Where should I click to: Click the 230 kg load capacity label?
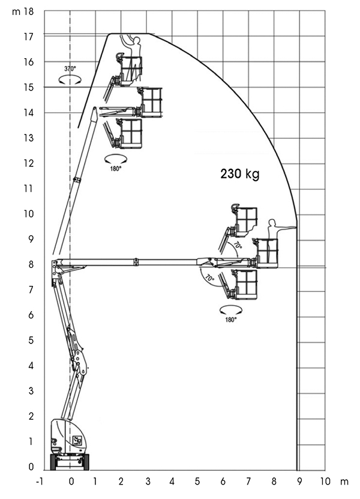pyautogui.click(x=240, y=174)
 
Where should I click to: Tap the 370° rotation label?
pyautogui.click(x=70, y=68)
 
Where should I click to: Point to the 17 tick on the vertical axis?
pyautogui.click(x=29, y=37)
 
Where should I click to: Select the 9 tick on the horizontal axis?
pyautogui.click(x=299, y=481)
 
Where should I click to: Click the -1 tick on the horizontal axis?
pyautogui.click(x=40, y=481)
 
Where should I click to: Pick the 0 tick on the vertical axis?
pyautogui.click(x=31, y=467)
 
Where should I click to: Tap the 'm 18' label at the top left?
pyautogui.click(x=23, y=12)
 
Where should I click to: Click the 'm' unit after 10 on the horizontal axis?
pyautogui.click(x=344, y=482)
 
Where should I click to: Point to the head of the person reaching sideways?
pyautogui.click(x=271, y=222)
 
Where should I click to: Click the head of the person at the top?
pyautogui.click(x=137, y=40)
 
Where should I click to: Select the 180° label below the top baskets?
pyautogui.click(x=116, y=169)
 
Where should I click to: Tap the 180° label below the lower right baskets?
pyautogui.click(x=231, y=320)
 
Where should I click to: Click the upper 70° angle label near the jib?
pyautogui.click(x=238, y=245)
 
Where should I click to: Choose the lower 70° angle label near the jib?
pyautogui.click(x=209, y=277)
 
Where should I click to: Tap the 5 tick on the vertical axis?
pyautogui.click(x=31, y=340)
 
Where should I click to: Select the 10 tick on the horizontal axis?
pyautogui.click(x=325, y=481)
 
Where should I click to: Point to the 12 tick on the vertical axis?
pyautogui.click(x=29, y=163)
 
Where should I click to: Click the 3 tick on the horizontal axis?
pyautogui.click(x=148, y=481)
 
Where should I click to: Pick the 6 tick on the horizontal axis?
pyautogui.click(x=223, y=481)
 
